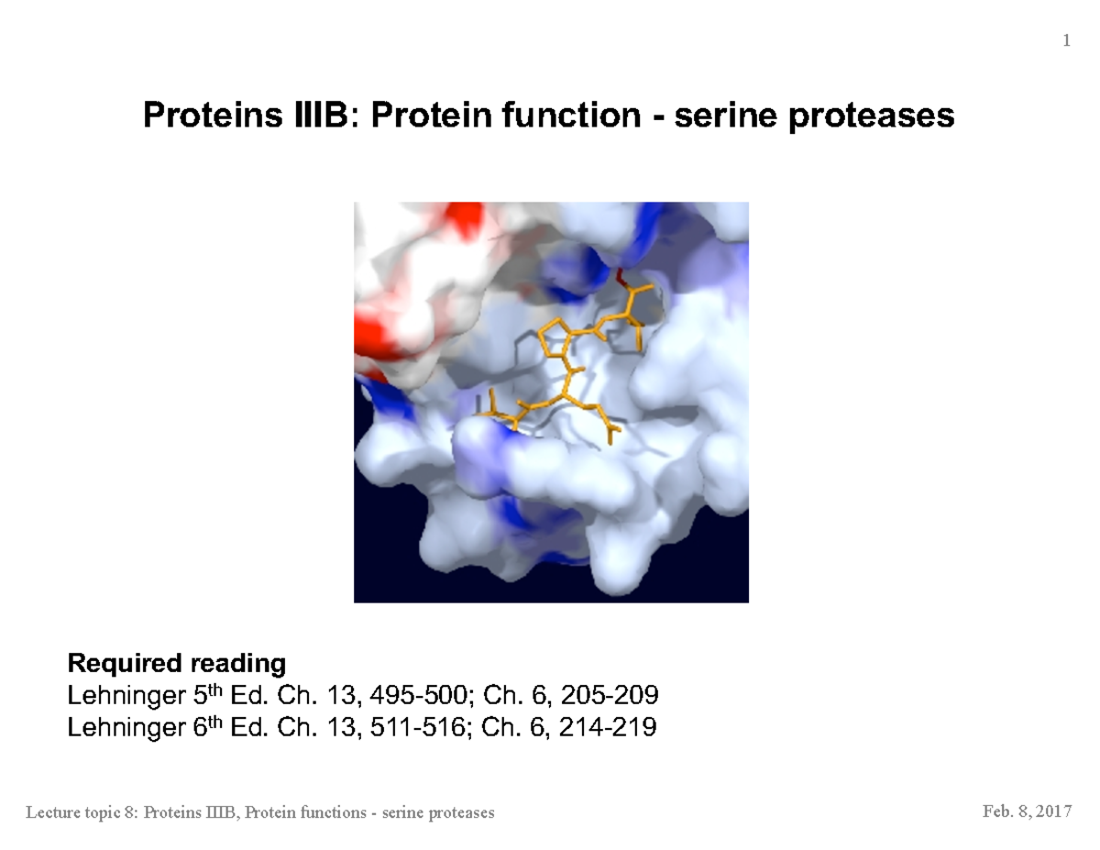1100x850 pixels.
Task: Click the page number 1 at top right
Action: click(1066, 40)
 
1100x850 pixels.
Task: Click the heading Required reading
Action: click(177, 662)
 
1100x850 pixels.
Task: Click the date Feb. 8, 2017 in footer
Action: click(1027, 812)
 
